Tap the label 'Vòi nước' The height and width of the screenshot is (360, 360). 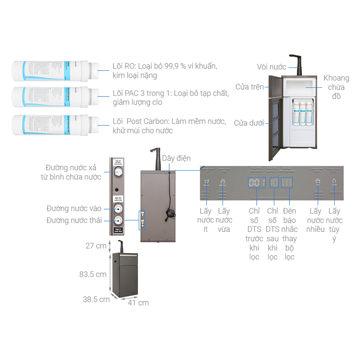[271, 67]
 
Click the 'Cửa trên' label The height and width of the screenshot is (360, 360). [249, 87]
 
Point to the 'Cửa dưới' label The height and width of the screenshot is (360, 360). [249, 123]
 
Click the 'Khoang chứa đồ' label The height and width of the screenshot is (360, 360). [336, 87]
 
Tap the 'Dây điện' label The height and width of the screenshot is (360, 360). [176, 158]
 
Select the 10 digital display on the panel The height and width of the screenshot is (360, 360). [274, 183]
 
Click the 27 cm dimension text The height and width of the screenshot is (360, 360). [96, 246]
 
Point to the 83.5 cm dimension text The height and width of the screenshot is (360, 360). [93, 274]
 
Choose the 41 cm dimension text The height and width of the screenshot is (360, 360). [139, 303]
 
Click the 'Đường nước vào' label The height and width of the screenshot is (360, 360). [74, 208]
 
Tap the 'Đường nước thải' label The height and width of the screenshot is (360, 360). [74, 220]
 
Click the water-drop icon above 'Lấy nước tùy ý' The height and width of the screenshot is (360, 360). [334, 182]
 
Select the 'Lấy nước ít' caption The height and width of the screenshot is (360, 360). [206, 220]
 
